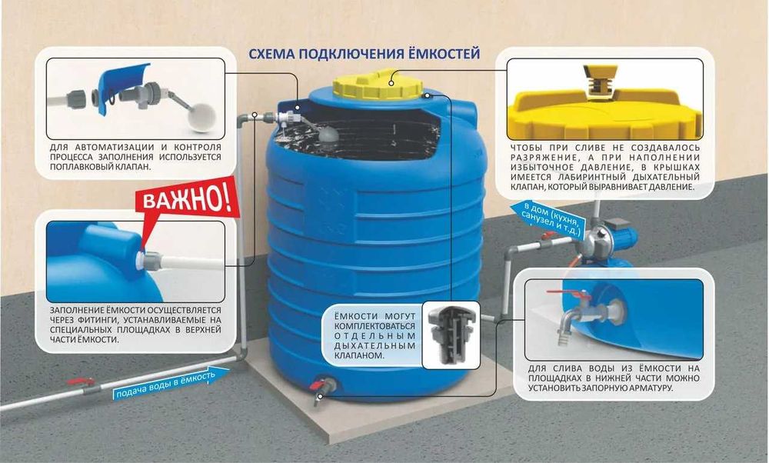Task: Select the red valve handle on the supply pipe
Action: [x=80, y=381]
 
